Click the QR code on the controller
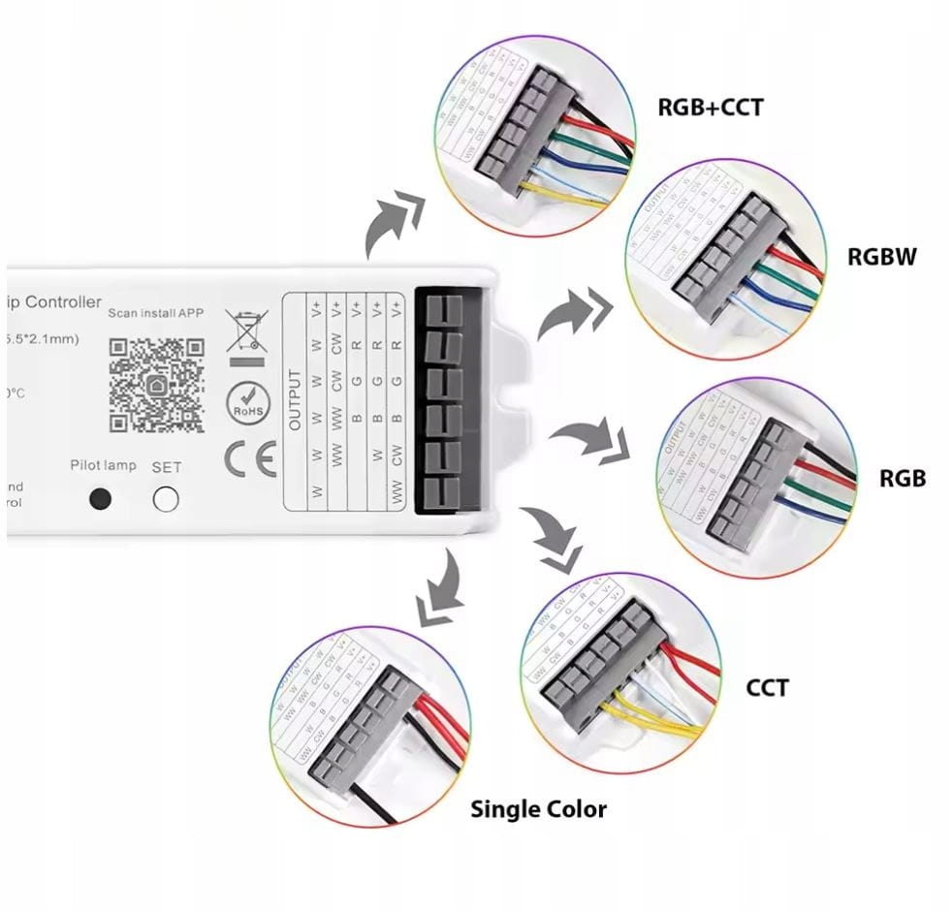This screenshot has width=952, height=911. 156,384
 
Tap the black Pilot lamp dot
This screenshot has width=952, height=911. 99,500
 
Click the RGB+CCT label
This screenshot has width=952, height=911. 710,106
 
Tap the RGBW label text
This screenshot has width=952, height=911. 881,257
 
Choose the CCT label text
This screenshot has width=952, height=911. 767,688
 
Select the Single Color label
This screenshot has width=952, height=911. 539,808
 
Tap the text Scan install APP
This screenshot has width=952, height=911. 156,313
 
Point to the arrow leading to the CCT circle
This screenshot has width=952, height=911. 551,539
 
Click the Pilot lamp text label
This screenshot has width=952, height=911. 103,465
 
